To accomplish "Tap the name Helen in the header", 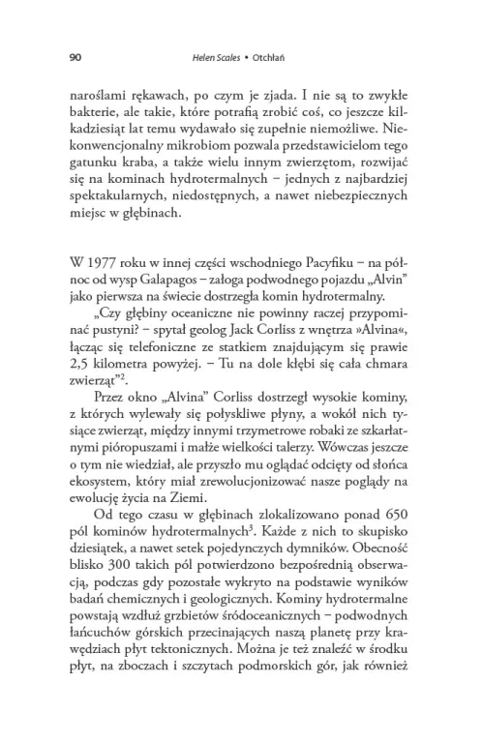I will pyautogui.click(x=207, y=57).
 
